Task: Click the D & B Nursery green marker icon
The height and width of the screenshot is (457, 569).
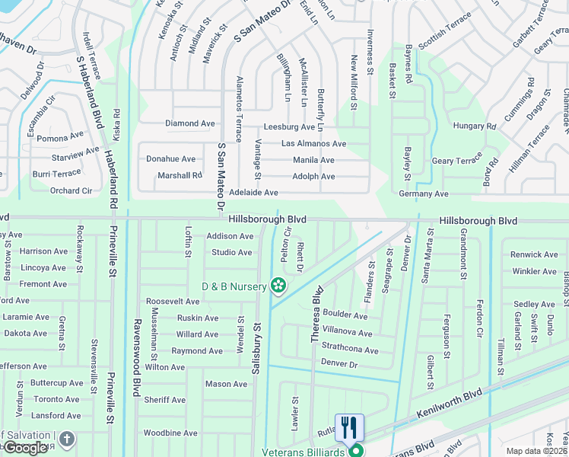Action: [279, 286]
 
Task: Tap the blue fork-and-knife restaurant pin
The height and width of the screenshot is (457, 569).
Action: [349, 427]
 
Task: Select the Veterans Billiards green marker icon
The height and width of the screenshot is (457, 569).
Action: [355, 451]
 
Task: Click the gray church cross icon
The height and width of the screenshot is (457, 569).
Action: [67, 439]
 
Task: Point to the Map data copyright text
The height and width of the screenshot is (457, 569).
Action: [537, 451]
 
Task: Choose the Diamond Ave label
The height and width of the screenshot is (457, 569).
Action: [190, 123]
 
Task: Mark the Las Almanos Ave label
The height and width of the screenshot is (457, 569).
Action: [313, 143]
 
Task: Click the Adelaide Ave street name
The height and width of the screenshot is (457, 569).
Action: [253, 193]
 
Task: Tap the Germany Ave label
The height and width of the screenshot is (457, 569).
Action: [424, 194]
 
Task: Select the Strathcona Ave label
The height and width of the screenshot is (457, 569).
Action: [350, 350]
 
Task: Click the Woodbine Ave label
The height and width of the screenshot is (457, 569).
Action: [170, 433]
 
